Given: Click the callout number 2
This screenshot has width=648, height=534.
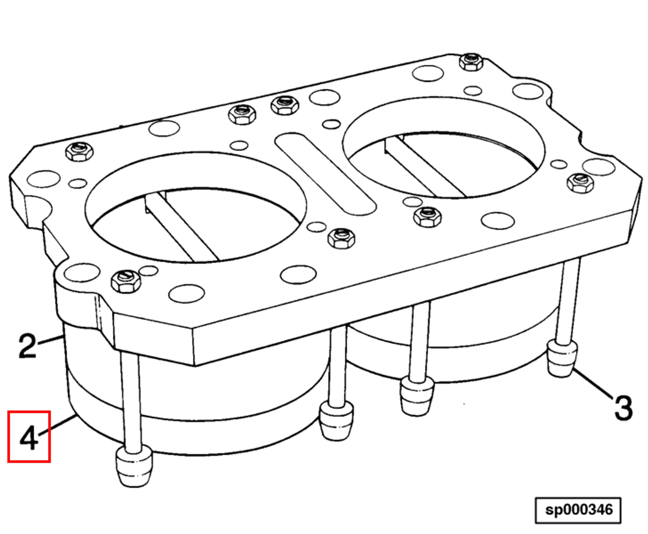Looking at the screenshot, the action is pos(27,346).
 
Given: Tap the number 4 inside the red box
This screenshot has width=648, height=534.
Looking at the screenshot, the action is pos(29,437).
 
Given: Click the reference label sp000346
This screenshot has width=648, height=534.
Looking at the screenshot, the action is pos(579,510).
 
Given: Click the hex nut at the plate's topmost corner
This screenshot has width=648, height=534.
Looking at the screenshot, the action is pos(471,62).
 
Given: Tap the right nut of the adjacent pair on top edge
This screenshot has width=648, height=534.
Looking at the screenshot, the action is pos(285,105).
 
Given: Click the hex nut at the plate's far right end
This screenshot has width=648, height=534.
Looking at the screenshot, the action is pos(580,183).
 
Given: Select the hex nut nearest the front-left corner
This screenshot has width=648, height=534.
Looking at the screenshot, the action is pos(126,281).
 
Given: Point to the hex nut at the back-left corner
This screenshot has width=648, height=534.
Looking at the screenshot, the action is pos(79,152).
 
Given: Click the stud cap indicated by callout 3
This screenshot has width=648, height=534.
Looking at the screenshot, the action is pos(562,359).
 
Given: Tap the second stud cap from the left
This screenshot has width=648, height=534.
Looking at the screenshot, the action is pos(336,421).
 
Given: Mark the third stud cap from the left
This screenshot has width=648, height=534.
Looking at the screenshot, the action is pos(417,395).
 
